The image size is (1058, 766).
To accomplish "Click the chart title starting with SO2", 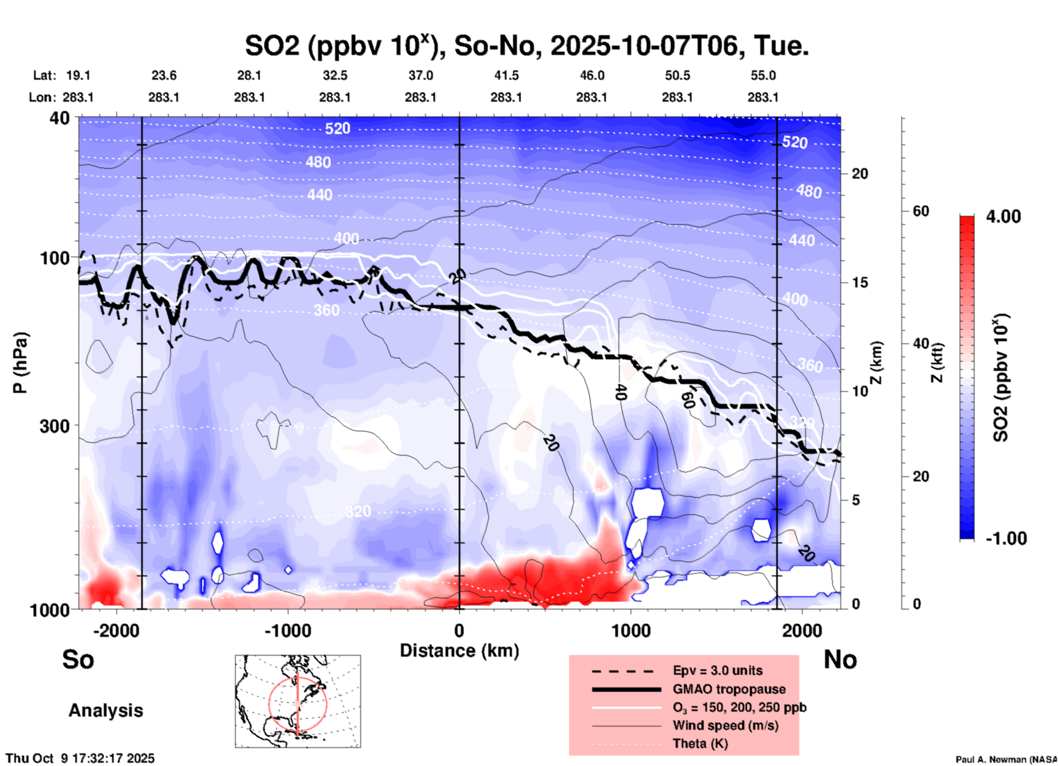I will coord(526,46).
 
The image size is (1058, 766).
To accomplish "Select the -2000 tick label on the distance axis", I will coord(116,631).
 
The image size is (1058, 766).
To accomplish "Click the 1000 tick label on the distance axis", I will coord(631,631).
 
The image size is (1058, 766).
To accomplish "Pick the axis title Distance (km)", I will coord(459,651).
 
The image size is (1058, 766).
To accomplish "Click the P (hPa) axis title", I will coord(20,363).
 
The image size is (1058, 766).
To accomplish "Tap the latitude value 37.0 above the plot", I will coord(420,75).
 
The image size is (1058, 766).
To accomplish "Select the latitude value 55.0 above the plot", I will coord(763,75).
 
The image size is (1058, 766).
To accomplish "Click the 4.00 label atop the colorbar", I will coord(1003,217).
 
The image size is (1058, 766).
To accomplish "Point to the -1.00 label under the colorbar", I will coord(1006,539).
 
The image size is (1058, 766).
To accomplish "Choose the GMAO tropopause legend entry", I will coord(728,689).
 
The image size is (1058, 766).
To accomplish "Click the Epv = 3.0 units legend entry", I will coord(717,670).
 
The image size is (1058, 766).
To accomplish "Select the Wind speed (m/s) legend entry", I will coord(725,725).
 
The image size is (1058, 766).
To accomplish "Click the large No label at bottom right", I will coord(840,659).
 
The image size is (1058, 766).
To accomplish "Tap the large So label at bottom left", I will coord(78,659).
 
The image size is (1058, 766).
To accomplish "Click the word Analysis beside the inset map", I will coord(105,711).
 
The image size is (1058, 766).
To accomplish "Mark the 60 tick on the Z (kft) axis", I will coord(921,211).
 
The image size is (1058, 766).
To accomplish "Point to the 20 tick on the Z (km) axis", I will coord(860,174).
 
